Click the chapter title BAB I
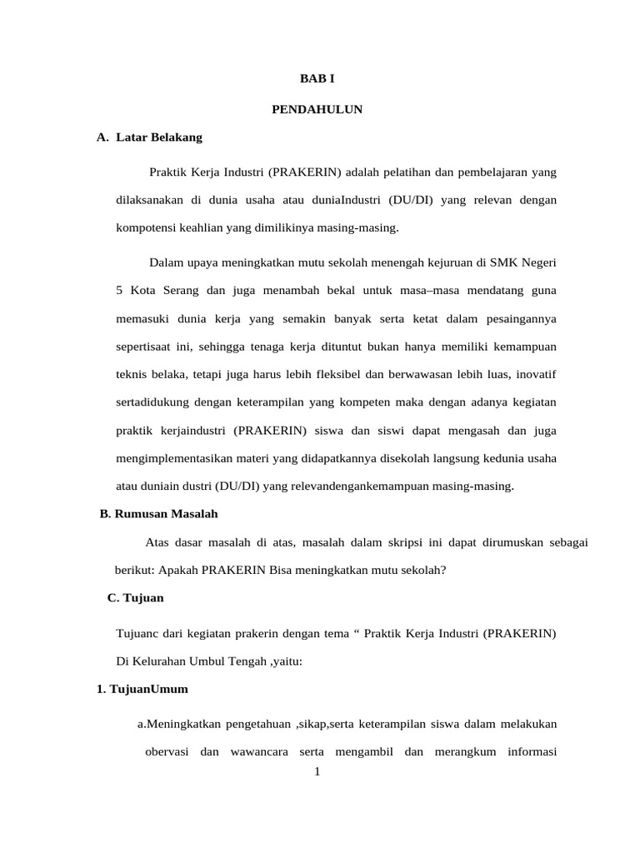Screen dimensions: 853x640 pos(317,79)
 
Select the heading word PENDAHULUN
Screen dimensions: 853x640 pos(317,109)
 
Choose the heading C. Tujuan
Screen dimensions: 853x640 pos(136,598)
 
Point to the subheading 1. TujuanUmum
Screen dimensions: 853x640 pos(142,689)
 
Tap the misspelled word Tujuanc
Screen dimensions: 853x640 pos(137,634)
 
